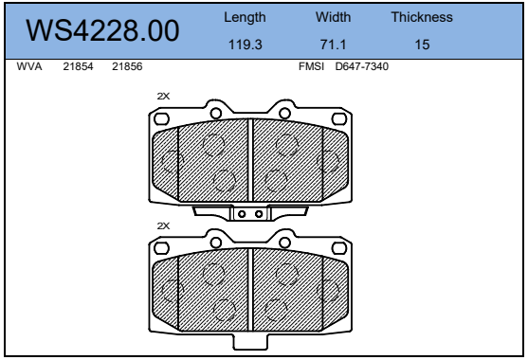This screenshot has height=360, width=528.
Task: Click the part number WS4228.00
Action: tap(102, 30)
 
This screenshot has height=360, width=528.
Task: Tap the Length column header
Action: tap(245, 17)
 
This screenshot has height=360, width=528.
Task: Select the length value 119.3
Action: tap(246, 45)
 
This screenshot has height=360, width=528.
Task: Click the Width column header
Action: tap(333, 17)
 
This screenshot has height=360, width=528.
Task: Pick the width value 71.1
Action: tap(333, 45)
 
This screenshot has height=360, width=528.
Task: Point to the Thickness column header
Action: tap(422, 17)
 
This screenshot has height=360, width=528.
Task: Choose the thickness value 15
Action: tap(422, 45)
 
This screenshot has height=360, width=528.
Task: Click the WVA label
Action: tap(29, 66)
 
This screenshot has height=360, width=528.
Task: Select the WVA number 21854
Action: tap(78, 66)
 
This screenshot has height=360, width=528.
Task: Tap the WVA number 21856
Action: tap(127, 66)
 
